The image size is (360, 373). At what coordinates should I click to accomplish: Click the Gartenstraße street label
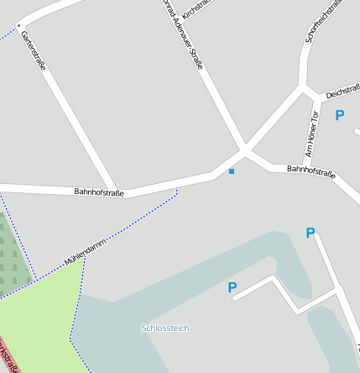pyautogui.click(x=33, y=50)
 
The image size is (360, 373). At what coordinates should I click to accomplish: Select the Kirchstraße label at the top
pyautogui.click(x=199, y=9)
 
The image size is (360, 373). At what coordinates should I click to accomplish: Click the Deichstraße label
pyautogui.click(x=343, y=90)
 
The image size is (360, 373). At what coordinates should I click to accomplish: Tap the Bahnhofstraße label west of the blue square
pyautogui.click(x=99, y=192)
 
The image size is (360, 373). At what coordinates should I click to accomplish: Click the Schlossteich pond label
pyautogui.click(x=165, y=328)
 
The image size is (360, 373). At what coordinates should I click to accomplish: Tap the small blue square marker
pyautogui.click(x=232, y=172)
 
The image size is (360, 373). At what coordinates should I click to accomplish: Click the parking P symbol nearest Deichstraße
pyautogui.click(x=340, y=116)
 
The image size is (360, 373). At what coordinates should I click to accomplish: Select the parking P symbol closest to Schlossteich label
pyautogui.click(x=232, y=288)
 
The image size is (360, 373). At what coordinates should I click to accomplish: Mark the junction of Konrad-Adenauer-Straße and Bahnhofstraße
pyautogui.click(x=245, y=151)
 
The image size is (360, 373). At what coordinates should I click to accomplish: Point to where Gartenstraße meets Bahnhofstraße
pyautogui.click(x=114, y=188)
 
